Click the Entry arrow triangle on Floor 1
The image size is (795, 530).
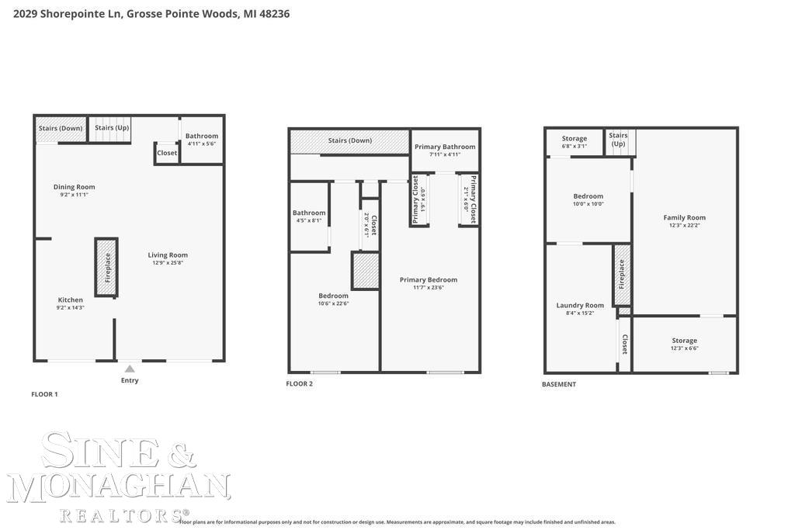(130, 369)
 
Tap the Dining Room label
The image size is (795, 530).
(75, 187)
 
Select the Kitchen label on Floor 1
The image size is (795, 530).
(71, 300)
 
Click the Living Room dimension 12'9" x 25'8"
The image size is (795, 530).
(168, 263)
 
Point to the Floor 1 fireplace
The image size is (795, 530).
(107, 267)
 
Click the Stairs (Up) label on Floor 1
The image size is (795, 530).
(112, 128)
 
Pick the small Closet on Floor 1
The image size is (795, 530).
(167, 153)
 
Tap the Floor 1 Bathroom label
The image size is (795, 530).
(202, 136)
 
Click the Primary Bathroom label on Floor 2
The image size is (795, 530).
(445, 147)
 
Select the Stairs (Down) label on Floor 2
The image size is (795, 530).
(349, 140)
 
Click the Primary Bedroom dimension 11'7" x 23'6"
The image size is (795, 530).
(428, 288)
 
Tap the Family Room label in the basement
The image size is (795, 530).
(685, 217)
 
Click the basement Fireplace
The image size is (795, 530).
(621, 274)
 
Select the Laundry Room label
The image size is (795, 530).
(580, 305)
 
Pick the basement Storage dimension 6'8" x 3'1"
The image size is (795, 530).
(575, 146)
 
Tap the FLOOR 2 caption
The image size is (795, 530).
(300, 384)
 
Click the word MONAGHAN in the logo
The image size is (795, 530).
(119, 487)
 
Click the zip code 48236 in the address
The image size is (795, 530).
(274, 14)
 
